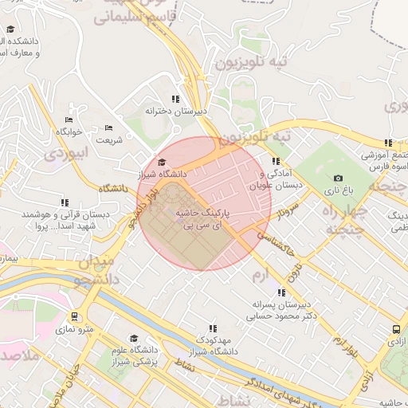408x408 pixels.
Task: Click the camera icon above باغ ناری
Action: [338, 178]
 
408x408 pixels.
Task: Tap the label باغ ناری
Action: [338, 192]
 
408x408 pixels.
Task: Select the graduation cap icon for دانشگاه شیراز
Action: [162, 161]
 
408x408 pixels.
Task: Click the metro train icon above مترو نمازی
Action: [74, 316]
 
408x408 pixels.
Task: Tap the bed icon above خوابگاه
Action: [69, 119]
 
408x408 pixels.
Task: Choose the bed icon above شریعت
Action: [109, 127]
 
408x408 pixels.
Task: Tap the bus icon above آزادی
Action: [396, 328]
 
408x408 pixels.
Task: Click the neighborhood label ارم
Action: [261, 275]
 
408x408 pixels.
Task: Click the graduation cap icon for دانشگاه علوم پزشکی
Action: [133, 338]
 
